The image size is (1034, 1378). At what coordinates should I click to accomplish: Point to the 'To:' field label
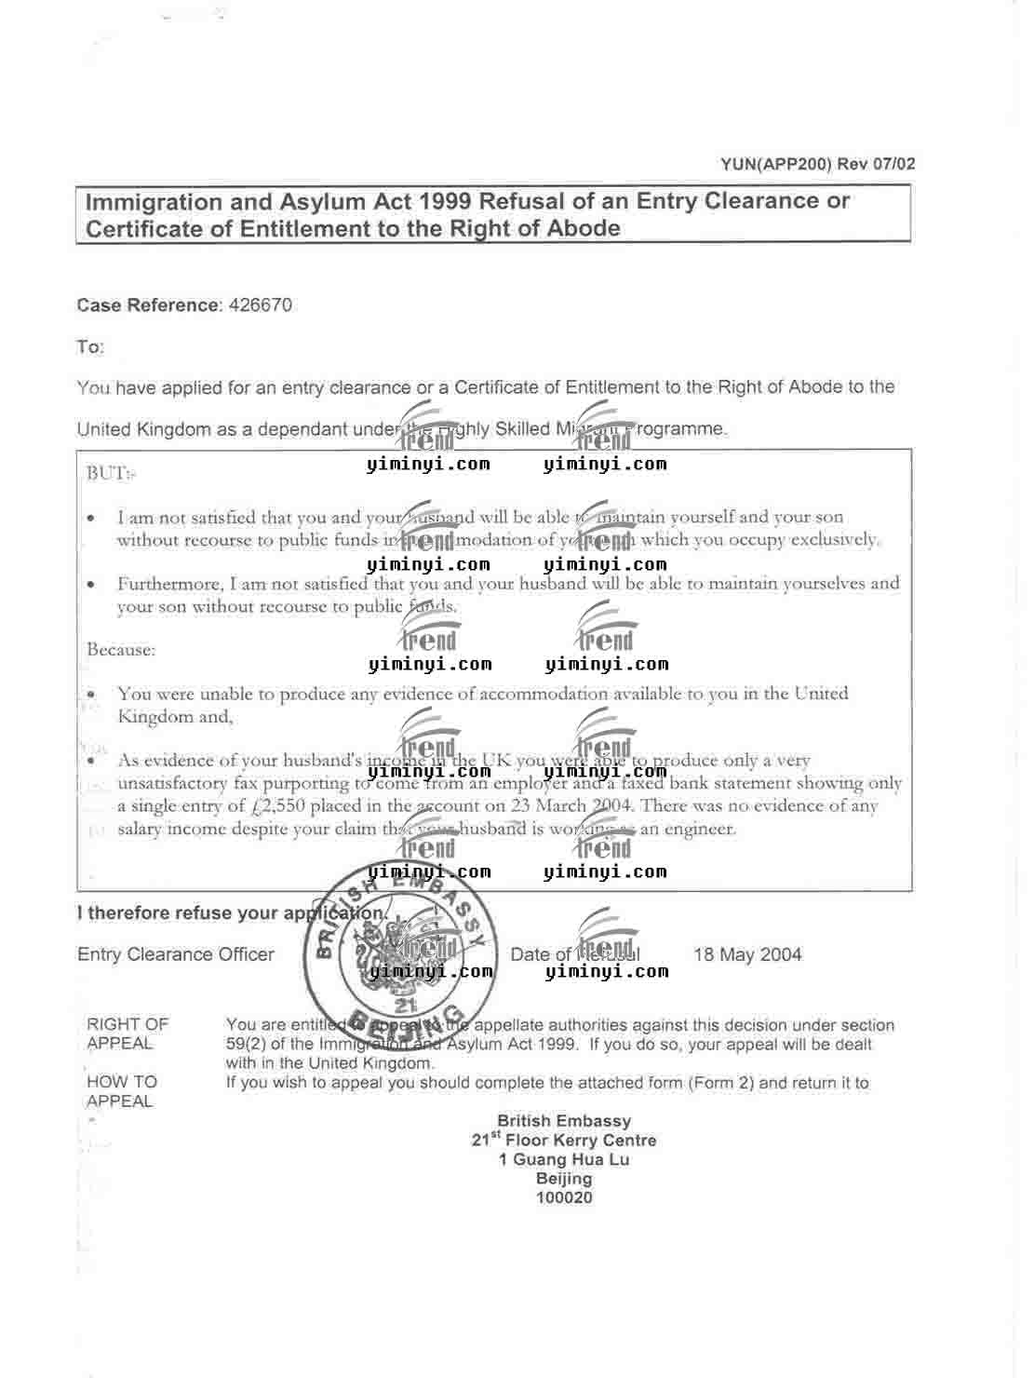tap(90, 347)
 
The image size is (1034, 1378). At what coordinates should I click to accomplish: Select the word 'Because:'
tap(121, 649)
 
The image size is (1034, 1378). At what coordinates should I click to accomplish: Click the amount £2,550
tap(279, 806)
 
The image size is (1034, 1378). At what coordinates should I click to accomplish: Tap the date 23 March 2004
tap(572, 806)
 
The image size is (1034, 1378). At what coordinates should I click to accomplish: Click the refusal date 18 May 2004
tap(747, 954)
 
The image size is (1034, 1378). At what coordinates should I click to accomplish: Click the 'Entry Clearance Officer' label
tap(176, 954)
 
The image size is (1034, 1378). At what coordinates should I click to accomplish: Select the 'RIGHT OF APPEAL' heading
tap(128, 1033)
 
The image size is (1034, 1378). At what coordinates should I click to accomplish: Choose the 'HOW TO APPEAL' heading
tap(122, 1091)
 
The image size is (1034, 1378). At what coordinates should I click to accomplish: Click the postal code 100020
tap(564, 1197)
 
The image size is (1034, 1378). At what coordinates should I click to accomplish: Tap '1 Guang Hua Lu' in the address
tap(564, 1159)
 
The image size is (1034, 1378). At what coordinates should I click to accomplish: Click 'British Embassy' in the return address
tap(564, 1121)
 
